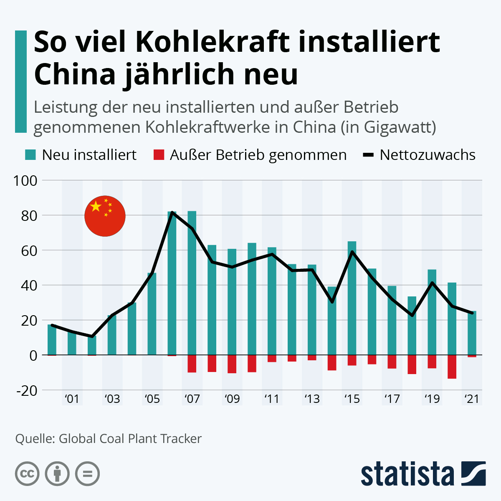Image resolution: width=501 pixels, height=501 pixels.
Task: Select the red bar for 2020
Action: pyautogui.click(x=452, y=367)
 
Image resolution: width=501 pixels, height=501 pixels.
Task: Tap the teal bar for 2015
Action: pyautogui.click(x=352, y=298)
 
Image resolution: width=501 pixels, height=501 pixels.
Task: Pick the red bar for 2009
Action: pyautogui.click(x=232, y=364)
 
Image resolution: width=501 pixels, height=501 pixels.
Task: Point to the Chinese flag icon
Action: pyautogui.click(x=105, y=216)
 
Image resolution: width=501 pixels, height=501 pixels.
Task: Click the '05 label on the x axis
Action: pyautogui.click(x=152, y=399)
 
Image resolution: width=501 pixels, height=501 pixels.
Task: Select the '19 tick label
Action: pyautogui.click(x=432, y=399)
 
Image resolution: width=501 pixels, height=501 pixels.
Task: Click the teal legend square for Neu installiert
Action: pyautogui.click(x=30, y=155)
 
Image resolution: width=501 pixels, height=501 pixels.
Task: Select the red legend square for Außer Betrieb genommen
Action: pyautogui.click(x=159, y=155)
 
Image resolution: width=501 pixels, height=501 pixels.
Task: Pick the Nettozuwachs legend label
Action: pyautogui.click(x=428, y=155)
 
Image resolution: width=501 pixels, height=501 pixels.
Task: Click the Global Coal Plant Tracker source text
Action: pyautogui.click(x=130, y=439)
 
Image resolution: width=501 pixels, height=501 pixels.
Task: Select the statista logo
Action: pyautogui.click(x=423, y=474)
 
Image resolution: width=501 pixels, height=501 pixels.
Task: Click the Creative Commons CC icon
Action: pyautogui.click(x=27, y=474)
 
